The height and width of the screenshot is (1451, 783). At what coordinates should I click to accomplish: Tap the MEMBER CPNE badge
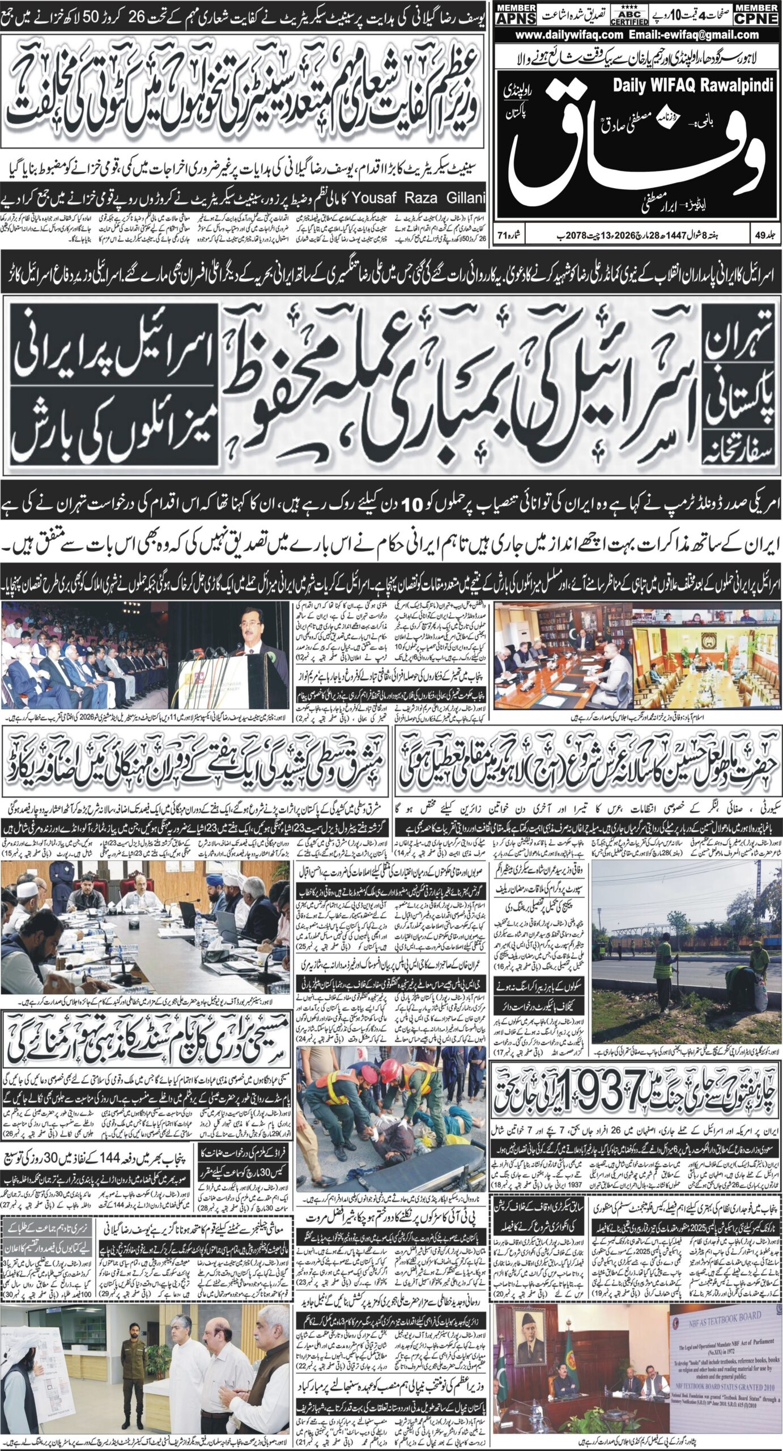pos(756,14)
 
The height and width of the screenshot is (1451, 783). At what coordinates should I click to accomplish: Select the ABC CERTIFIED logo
pos(629,15)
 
